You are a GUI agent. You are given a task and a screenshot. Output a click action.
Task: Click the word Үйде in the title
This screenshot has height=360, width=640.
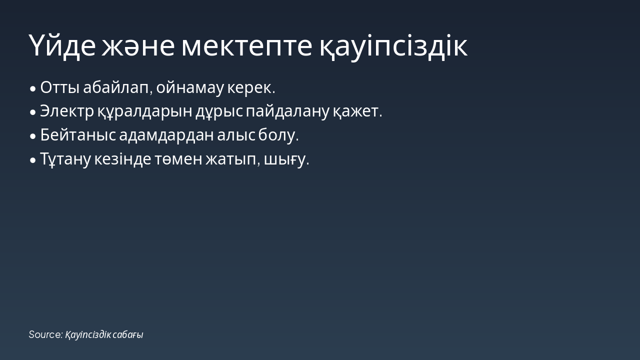62,45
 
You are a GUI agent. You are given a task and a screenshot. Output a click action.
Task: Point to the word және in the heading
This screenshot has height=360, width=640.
138,45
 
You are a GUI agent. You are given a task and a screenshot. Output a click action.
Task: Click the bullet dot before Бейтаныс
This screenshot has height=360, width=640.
33,136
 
